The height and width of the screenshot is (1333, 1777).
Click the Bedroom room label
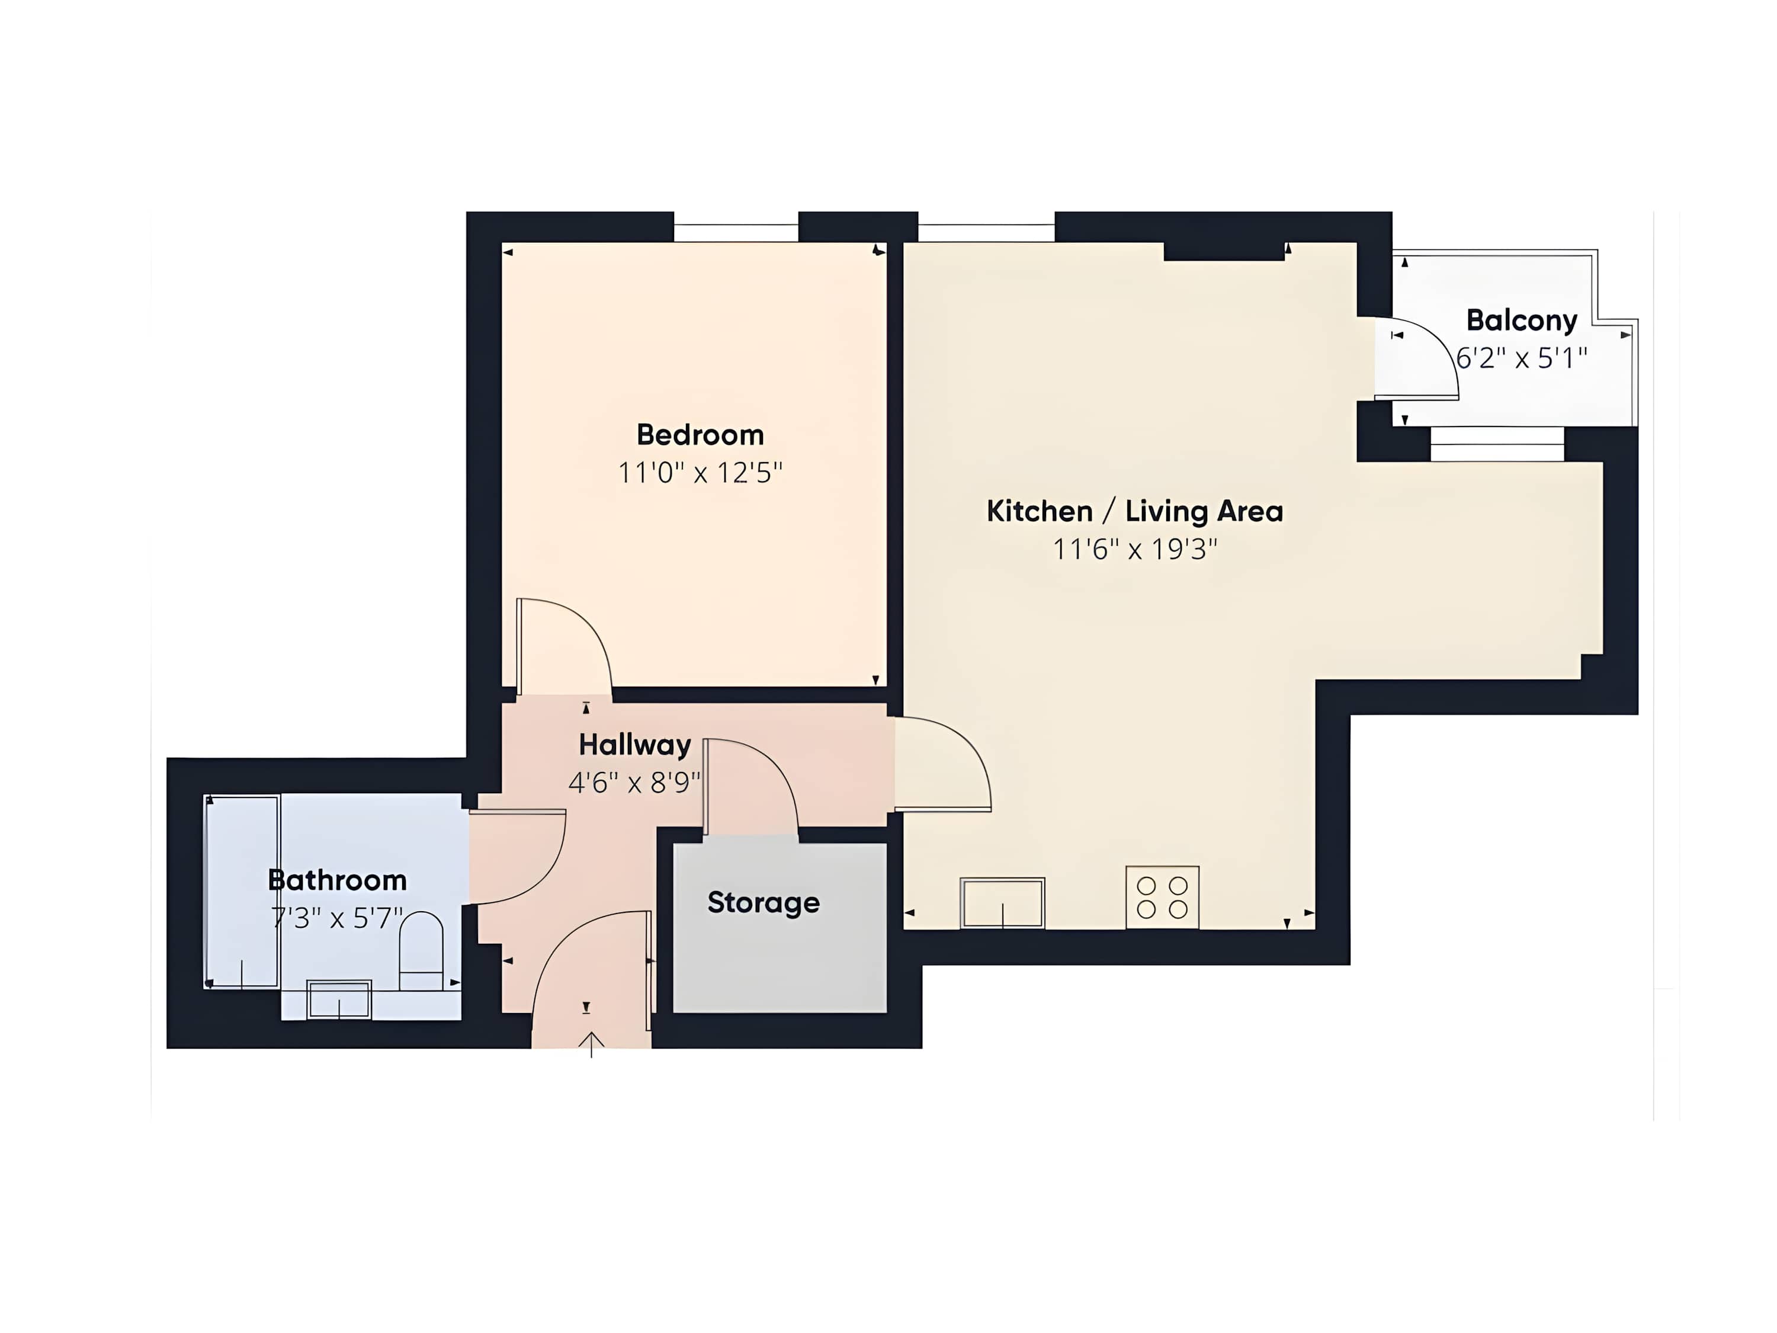point(700,435)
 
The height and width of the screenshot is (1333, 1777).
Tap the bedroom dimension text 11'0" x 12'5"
point(700,472)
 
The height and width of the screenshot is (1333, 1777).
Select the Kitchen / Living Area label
point(1134,511)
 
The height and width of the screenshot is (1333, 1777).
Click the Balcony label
point(1522,321)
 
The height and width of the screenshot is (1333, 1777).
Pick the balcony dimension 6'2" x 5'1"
point(1522,358)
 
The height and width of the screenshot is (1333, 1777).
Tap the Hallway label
point(634,745)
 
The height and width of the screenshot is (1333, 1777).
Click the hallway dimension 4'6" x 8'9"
point(634,782)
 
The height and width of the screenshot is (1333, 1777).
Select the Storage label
point(763,902)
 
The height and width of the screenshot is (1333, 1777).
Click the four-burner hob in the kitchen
point(1162,897)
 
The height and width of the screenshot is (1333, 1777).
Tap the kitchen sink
point(1002,903)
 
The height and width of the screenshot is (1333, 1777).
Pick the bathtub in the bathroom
point(242,892)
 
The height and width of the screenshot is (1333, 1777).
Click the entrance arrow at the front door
point(591,1044)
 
